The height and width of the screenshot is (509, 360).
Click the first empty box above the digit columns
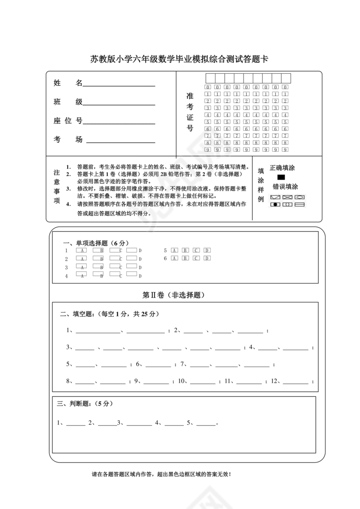(x=210, y=78)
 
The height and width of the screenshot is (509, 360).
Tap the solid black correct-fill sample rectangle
(x=281, y=177)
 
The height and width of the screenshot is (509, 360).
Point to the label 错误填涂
(x=285, y=186)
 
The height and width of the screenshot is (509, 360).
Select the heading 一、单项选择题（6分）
(x=96, y=243)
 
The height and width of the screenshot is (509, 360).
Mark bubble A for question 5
(x=174, y=250)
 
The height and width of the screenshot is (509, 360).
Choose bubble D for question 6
(x=207, y=258)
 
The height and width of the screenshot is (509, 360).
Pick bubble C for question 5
(x=196, y=250)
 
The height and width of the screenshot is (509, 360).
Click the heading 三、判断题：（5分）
(x=85, y=403)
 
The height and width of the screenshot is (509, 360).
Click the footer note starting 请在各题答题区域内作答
(x=161, y=474)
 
